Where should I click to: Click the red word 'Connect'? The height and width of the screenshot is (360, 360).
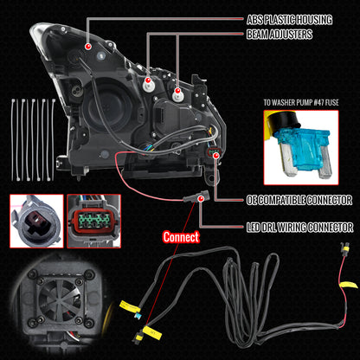pos(180,235)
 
